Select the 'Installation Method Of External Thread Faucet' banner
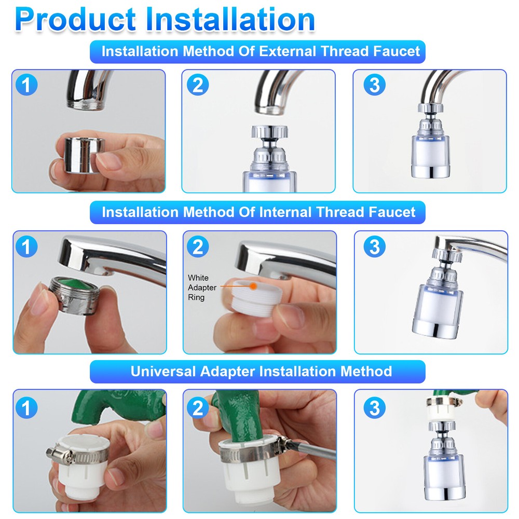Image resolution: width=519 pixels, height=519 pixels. (258, 52)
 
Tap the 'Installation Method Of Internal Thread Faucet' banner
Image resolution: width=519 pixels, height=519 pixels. (258, 212)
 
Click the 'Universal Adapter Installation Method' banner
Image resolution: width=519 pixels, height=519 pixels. (258, 372)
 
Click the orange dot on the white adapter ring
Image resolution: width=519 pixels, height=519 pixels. (253, 285)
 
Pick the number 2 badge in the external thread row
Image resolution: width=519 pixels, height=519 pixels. (197, 85)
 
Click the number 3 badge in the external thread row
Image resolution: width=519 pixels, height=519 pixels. (375, 85)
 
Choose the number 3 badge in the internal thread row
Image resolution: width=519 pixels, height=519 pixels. (375, 247)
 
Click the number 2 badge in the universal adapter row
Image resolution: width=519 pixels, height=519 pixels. (197, 408)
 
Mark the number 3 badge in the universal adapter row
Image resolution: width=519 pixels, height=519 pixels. (375, 408)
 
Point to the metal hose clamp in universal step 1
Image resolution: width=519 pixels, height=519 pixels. (78, 452)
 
